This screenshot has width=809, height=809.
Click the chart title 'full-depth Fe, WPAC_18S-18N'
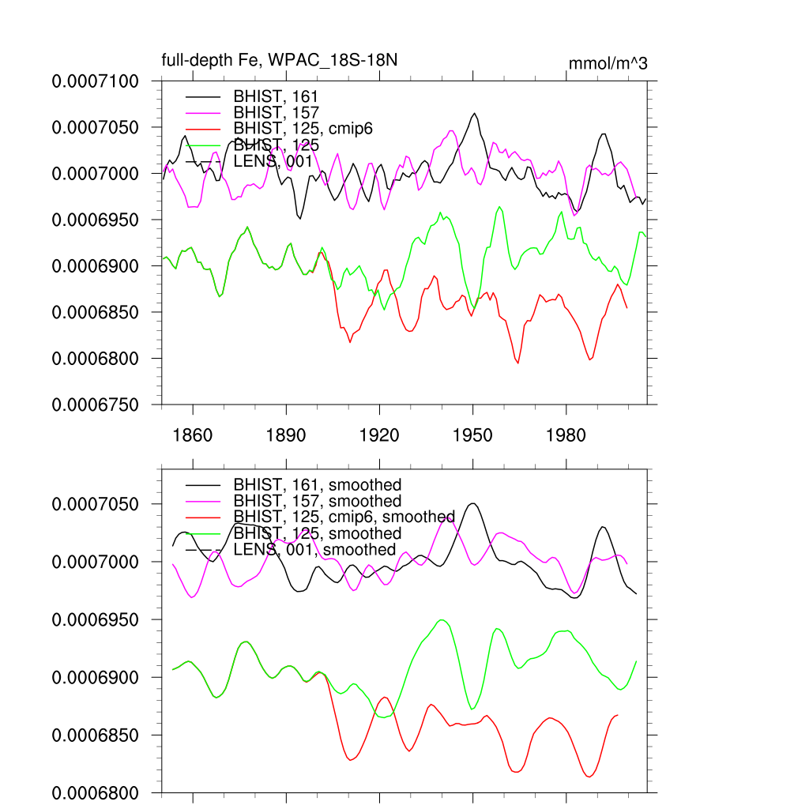point(285,60)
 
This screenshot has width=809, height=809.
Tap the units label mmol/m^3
point(608,62)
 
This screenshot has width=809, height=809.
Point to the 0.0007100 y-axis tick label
point(95,81)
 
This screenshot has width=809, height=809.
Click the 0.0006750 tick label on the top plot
point(95,404)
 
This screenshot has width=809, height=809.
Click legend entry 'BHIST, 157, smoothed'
point(317,501)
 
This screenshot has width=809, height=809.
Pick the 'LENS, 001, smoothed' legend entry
point(314,549)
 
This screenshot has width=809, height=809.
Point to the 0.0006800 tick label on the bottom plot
point(95,792)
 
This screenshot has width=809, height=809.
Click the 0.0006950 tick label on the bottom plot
point(95,619)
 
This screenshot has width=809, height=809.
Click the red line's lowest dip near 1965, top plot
point(518,363)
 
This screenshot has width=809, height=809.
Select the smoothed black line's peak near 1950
point(473,503)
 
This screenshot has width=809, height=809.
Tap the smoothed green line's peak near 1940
point(442,620)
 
